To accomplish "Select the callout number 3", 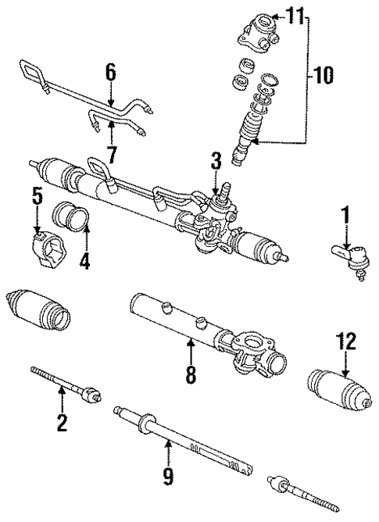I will (x=216, y=162).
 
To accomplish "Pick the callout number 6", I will (x=111, y=73).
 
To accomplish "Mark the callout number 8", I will (x=189, y=374).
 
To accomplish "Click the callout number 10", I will (x=322, y=76).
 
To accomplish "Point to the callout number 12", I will (x=347, y=341).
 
